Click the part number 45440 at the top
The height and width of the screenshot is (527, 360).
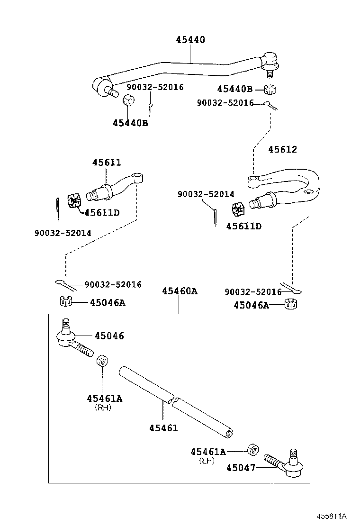pyautogui.click(x=190, y=40)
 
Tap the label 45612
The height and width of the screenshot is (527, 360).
pyautogui.click(x=282, y=149)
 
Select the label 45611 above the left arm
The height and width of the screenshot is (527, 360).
pyautogui.click(x=107, y=163)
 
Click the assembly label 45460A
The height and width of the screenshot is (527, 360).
pyautogui.click(x=179, y=291)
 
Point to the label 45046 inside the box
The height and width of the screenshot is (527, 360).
pyautogui.click(x=109, y=336)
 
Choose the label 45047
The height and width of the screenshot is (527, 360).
pyautogui.click(x=241, y=468)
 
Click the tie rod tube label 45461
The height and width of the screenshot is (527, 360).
pyautogui.click(x=163, y=428)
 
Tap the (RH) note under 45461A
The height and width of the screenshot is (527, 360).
pyautogui.click(x=103, y=407)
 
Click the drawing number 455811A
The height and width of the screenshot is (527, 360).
pyautogui.click(x=331, y=517)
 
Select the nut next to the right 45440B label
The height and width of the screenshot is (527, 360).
pyautogui.click(x=270, y=89)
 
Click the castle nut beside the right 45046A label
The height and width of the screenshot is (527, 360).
pyautogui.click(x=291, y=304)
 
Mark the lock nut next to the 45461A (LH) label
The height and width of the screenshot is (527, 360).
pyautogui.click(x=252, y=448)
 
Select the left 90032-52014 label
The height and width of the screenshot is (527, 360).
pyautogui.click(x=63, y=233)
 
